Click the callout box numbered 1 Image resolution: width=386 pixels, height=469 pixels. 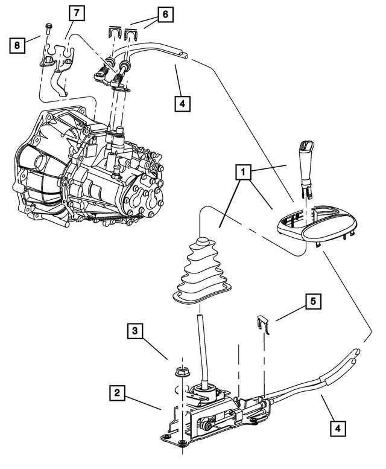(x=244, y=174)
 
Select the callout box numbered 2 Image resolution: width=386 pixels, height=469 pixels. (x=118, y=394)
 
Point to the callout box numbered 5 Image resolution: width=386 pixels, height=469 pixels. (x=314, y=301)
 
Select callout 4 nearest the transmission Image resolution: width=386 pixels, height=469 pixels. (x=182, y=103)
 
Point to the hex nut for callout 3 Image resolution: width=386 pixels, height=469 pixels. (x=179, y=372)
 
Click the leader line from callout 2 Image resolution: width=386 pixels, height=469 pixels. (x=145, y=403)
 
